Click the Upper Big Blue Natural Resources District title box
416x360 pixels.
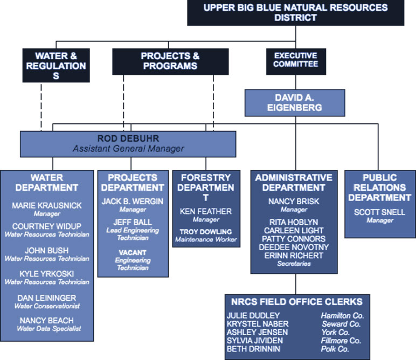point(295,12)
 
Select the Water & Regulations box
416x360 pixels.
point(56,65)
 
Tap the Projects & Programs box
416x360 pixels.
point(170,61)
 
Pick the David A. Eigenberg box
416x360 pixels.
point(295,102)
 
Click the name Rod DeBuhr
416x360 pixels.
point(128,139)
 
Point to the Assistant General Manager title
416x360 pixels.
point(128,149)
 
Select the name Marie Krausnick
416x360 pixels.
point(46,205)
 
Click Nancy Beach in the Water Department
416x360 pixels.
point(46,321)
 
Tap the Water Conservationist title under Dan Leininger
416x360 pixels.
point(47,306)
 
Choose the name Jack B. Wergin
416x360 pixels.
point(132,202)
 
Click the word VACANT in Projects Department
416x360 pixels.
point(133,252)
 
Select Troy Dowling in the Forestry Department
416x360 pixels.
point(205,232)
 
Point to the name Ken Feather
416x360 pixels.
point(205,211)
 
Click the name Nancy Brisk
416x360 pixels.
point(294,202)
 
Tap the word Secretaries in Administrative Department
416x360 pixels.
point(294,264)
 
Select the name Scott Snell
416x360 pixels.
point(380,212)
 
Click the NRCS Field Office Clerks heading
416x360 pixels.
point(297,302)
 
